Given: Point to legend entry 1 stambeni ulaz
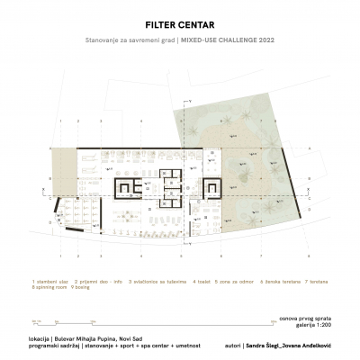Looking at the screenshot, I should pos(49,281).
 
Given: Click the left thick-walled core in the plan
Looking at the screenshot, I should pos(130,187).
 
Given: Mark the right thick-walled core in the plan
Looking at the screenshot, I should pos(213,187).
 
